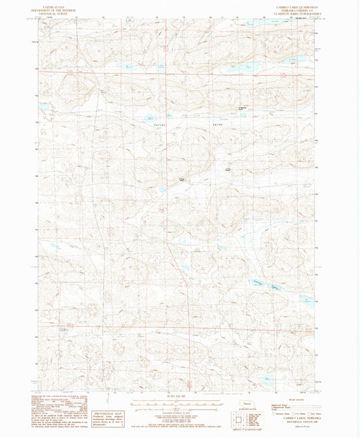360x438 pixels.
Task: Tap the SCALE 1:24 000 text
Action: pyautogui.click(x=179, y=395)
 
